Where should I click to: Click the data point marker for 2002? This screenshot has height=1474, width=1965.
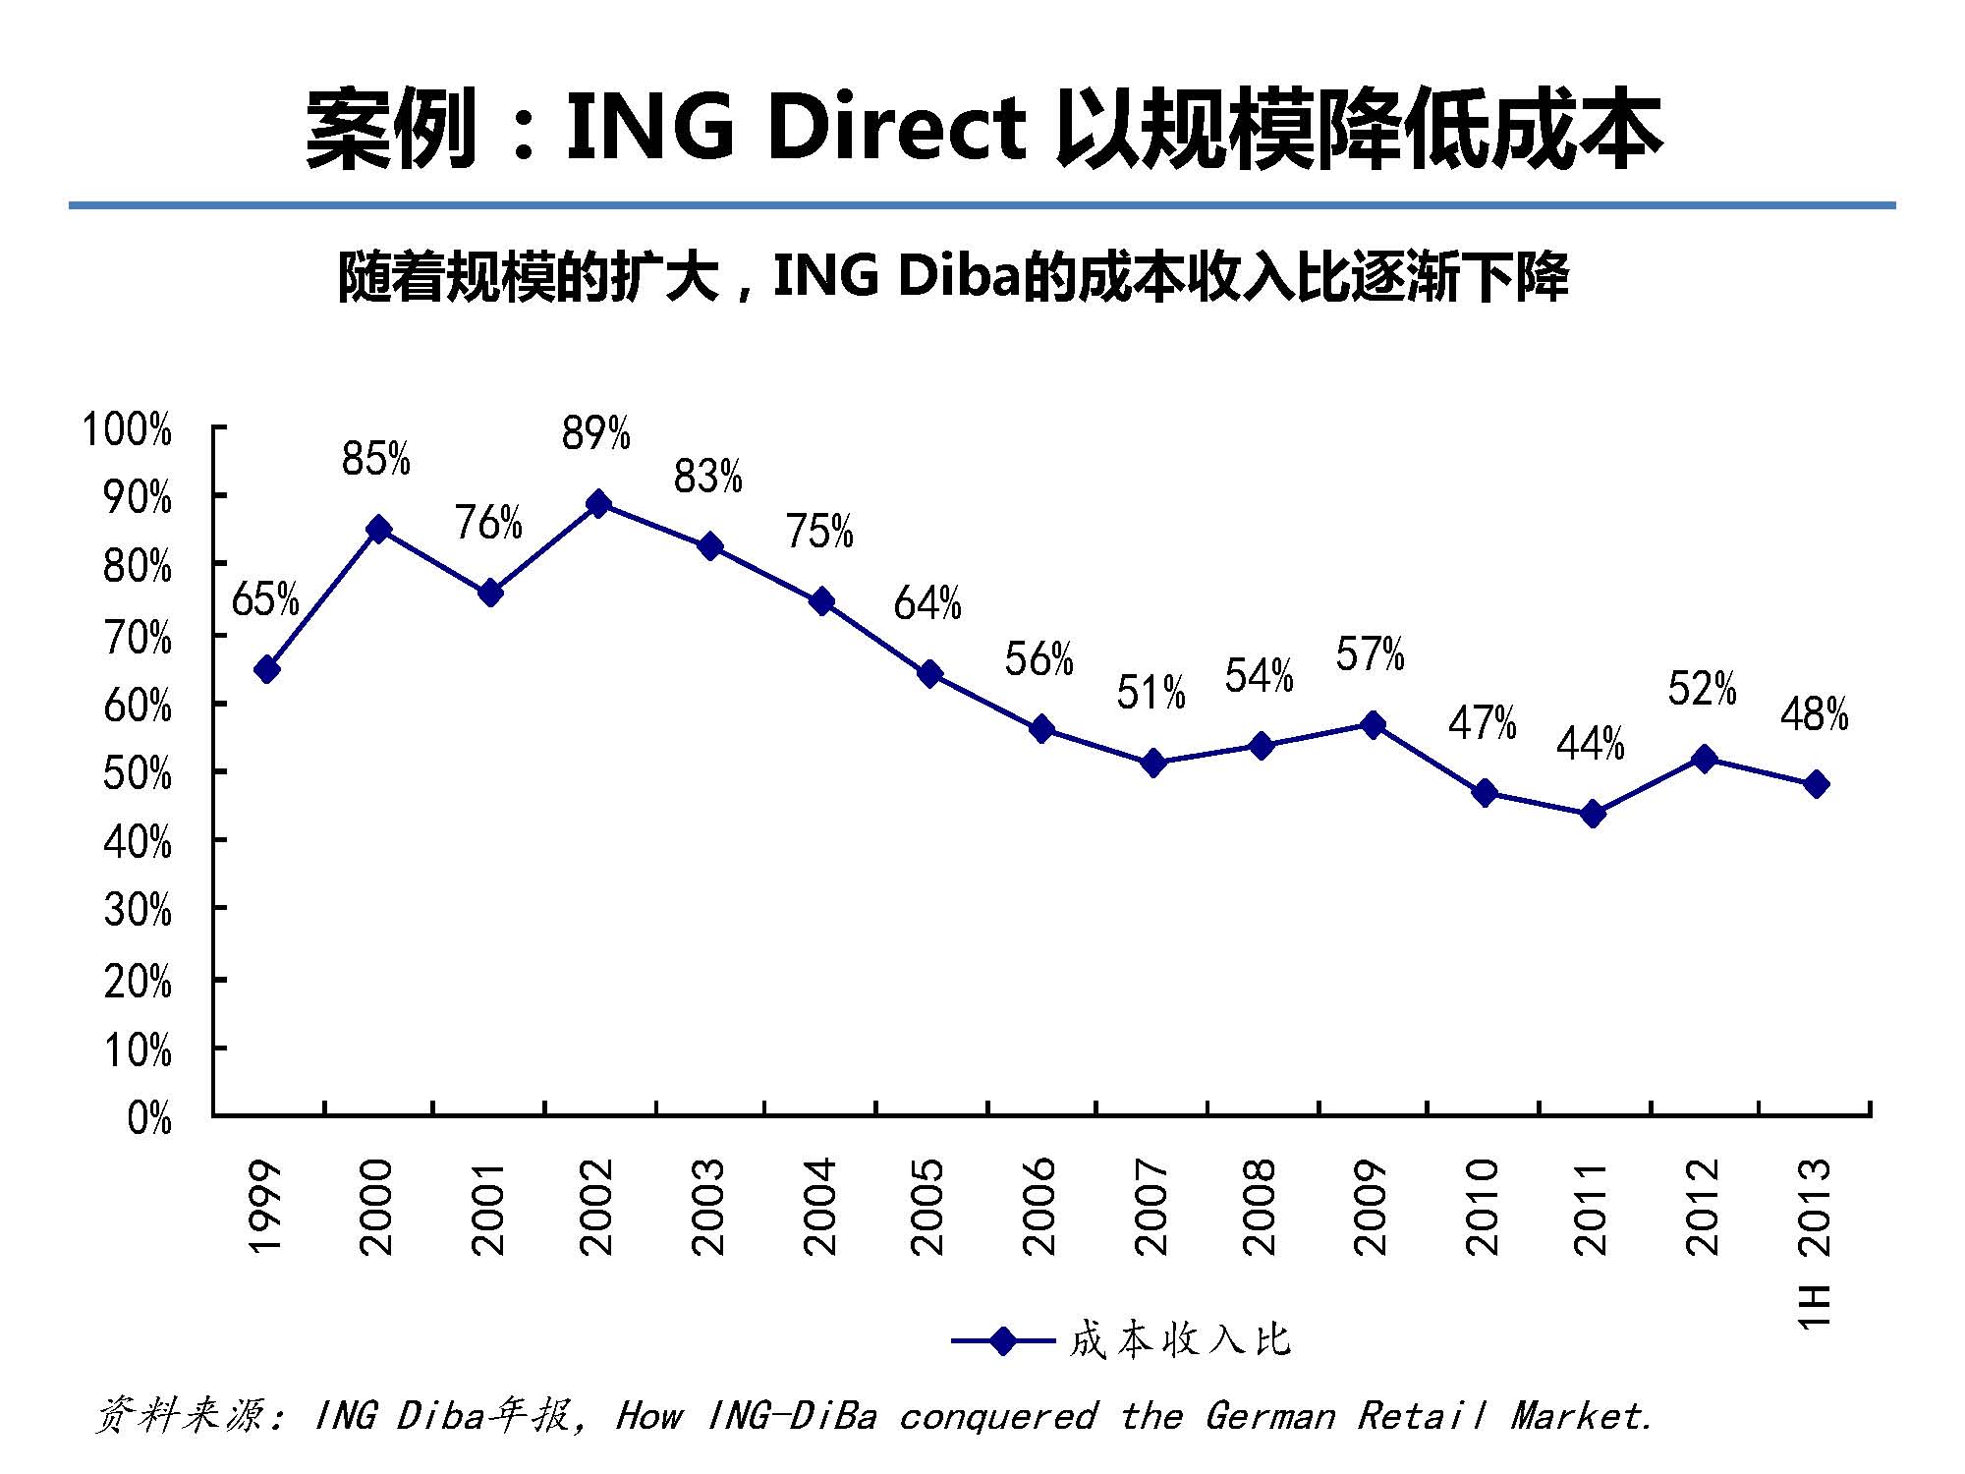coord(598,504)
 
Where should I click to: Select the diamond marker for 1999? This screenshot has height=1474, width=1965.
coord(266,670)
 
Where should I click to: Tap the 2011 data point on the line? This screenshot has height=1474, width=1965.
coord(1594,814)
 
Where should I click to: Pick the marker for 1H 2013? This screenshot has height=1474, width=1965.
coord(1817,784)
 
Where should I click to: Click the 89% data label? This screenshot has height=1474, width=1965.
coord(595,433)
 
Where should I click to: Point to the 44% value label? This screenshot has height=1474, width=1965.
coord(1590,744)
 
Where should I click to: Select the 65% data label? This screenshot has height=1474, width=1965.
coord(265,599)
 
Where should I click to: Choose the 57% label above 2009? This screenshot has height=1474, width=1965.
coord(1370,654)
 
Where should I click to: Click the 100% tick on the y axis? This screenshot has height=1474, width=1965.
coord(128,430)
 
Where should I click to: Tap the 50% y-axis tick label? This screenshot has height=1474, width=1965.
coord(138,775)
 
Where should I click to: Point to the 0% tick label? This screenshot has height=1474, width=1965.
coord(149,1118)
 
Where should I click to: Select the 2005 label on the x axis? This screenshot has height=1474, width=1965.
coord(928,1207)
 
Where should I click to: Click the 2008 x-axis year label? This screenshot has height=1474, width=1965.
coord(1260,1207)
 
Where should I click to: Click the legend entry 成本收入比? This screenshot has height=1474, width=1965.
coord(1179,1340)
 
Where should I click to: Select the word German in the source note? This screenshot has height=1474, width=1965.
coord(1269,1416)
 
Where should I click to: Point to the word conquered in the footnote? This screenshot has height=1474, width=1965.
coord(997,1416)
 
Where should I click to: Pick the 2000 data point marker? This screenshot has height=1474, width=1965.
coord(378,530)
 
